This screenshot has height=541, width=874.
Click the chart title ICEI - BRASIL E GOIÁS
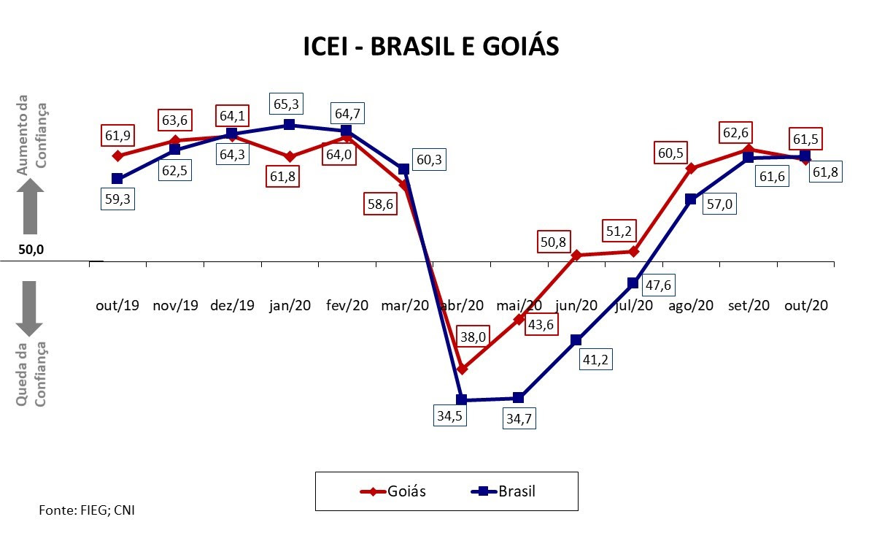point(431,46)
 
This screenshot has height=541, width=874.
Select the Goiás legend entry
point(393,491)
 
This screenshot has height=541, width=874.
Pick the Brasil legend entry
point(503,491)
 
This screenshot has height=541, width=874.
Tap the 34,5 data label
point(450,416)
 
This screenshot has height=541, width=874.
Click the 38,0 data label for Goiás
point(473,337)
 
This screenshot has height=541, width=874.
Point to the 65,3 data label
point(287,104)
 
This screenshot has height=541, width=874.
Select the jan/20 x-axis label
point(290,306)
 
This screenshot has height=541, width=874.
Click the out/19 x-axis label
point(117,306)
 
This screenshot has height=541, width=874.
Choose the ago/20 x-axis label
point(691,306)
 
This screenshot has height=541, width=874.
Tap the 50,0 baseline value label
point(31,249)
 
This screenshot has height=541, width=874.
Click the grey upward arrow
point(30,206)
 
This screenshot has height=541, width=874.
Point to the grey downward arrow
point(29,308)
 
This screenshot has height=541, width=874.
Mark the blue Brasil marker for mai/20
point(519,398)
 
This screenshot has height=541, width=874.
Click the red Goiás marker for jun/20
point(576,255)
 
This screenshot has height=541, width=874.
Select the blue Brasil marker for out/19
point(117,178)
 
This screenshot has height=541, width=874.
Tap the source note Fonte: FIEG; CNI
point(87,510)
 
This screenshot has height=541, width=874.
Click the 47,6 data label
point(658,285)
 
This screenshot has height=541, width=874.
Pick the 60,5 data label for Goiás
point(670,153)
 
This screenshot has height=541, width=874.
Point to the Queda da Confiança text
point(31,374)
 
